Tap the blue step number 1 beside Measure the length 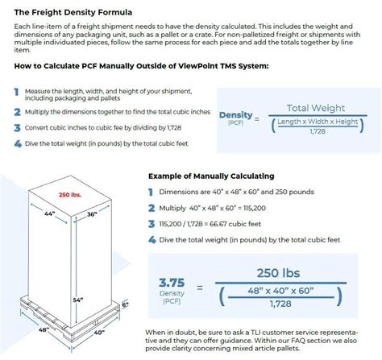(x=16, y=92)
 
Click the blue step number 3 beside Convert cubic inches (x=16, y=128)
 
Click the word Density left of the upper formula (x=235, y=115)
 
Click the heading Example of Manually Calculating (x=211, y=176)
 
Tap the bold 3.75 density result (x=172, y=283)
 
